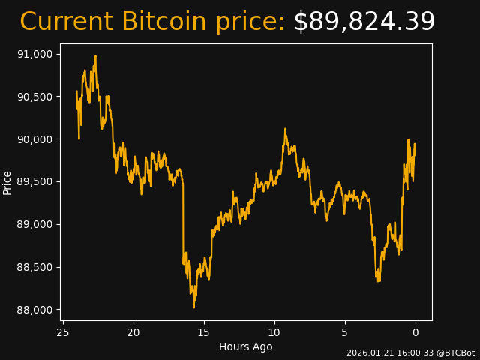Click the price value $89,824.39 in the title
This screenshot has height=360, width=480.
click(x=364, y=22)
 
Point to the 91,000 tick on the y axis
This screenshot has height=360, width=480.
click(x=34, y=54)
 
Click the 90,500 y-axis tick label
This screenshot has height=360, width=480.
click(x=34, y=97)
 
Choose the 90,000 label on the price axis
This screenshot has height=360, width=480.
click(x=34, y=139)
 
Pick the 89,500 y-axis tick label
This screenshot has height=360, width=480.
click(x=34, y=182)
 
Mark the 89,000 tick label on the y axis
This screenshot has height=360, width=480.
click(x=34, y=224)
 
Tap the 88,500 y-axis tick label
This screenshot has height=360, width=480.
click(x=34, y=267)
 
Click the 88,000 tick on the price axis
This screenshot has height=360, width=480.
click(x=34, y=310)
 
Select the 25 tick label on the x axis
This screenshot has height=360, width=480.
click(x=63, y=332)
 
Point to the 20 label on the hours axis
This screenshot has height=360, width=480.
click(x=133, y=332)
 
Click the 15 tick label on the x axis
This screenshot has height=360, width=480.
click(x=204, y=332)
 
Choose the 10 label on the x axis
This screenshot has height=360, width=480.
click(x=274, y=332)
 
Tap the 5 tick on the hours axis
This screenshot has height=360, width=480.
click(x=345, y=332)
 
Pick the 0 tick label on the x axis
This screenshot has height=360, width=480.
click(x=415, y=332)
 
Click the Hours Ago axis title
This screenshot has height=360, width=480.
click(x=246, y=346)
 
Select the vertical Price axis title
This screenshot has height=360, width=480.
click(x=7, y=182)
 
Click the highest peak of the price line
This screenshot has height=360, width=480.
click(x=95, y=55)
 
